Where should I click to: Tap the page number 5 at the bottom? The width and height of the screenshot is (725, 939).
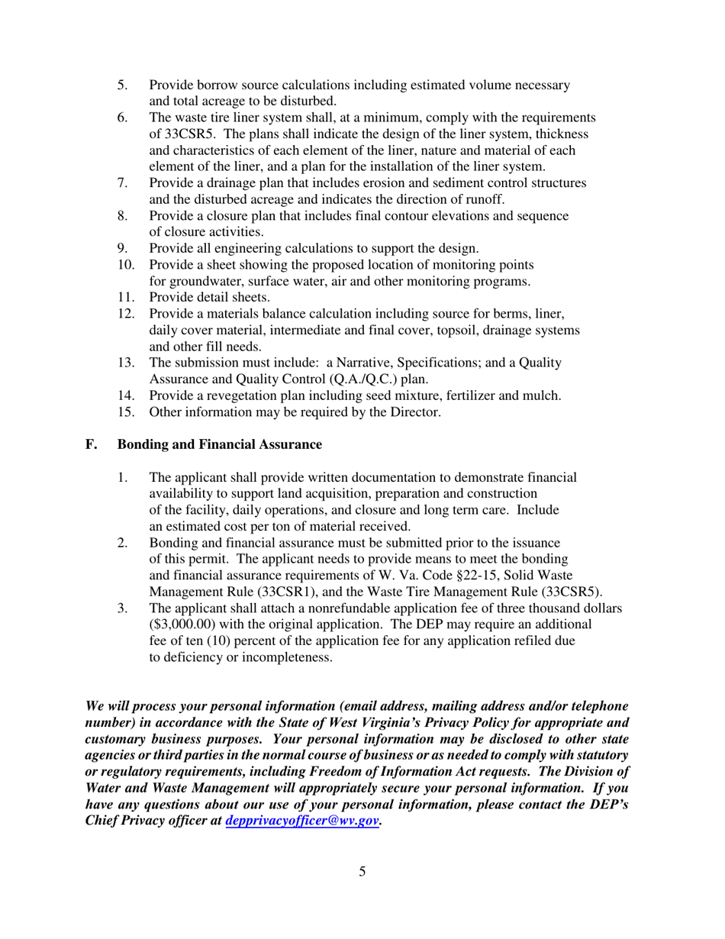362,892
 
